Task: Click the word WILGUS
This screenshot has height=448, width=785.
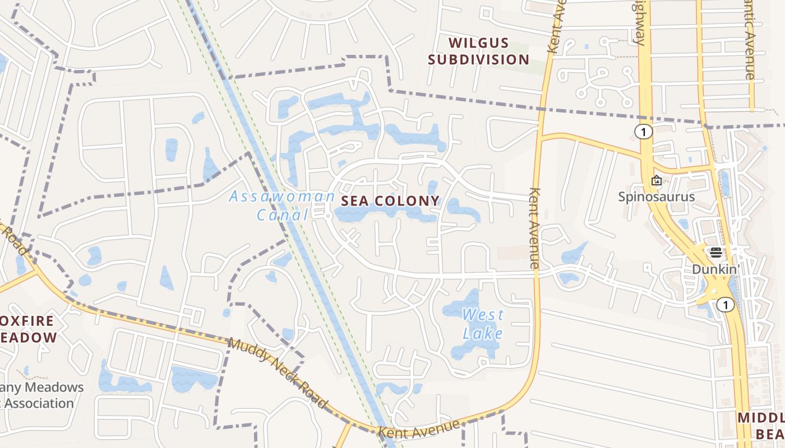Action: (x=479, y=43)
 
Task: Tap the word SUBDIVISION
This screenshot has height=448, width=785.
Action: (x=479, y=60)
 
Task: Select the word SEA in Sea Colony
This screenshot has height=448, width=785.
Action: (x=356, y=201)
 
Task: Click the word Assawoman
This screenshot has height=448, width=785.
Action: (x=281, y=197)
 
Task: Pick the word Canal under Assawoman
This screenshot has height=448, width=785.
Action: (x=282, y=214)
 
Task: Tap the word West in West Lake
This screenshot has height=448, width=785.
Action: (x=483, y=315)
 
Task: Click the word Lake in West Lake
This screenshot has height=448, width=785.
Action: (x=482, y=334)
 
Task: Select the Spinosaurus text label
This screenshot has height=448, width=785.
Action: (x=656, y=197)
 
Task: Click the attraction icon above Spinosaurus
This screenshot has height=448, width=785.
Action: (x=656, y=180)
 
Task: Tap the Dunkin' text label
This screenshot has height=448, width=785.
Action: (x=714, y=269)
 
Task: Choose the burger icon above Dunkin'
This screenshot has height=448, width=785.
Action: (x=715, y=252)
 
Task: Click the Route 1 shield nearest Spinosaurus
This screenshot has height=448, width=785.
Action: (x=644, y=132)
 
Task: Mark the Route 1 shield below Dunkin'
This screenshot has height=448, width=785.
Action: (x=726, y=305)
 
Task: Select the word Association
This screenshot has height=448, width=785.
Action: (x=39, y=403)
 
